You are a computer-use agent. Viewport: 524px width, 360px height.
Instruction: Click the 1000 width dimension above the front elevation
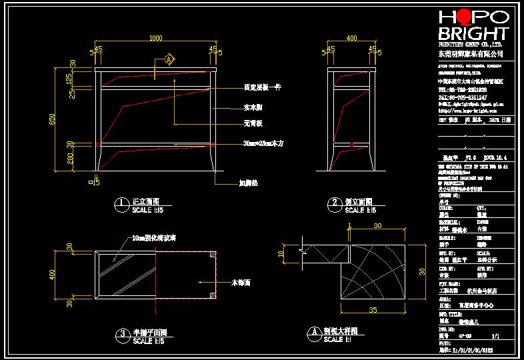point(156,38)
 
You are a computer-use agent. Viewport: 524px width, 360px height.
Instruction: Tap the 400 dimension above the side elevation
point(351,38)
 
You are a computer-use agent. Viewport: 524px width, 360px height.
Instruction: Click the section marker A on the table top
point(169,60)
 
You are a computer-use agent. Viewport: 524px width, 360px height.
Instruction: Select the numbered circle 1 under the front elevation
point(121,203)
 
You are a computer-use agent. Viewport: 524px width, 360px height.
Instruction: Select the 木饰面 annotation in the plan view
point(240,283)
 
